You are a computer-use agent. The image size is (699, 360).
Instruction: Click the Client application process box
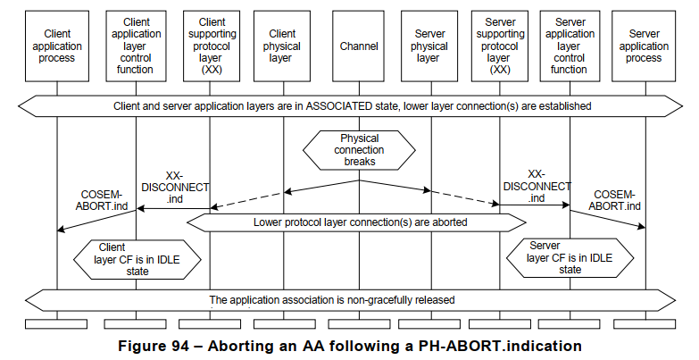(x=57, y=46)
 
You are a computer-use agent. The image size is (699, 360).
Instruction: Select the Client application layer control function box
(x=136, y=46)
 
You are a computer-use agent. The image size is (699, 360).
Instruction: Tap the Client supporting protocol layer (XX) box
(x=212, y=46)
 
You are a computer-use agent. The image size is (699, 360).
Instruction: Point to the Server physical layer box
(x=429, y=46)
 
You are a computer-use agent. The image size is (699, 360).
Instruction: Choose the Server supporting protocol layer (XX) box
(x=500, y=46)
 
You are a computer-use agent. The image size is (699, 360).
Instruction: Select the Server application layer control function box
(x=570, y=46)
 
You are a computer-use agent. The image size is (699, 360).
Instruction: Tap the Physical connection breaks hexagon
(x=359, y=150)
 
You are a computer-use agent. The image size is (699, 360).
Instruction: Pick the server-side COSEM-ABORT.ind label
(x=614, y=200)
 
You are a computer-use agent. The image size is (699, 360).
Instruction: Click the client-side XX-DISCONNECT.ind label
(x=175, y=187)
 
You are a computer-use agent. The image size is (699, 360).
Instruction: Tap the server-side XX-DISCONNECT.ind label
(x=536, y=186)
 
